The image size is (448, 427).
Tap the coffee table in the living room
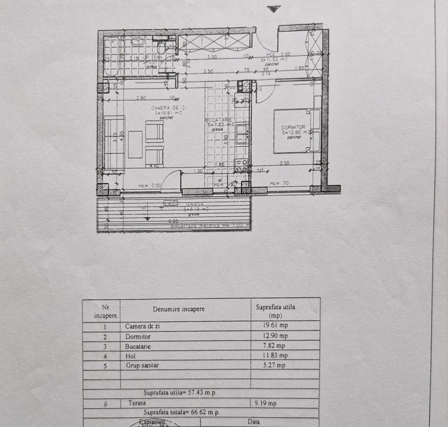pos(135,144)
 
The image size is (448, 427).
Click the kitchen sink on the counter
pos(242,133)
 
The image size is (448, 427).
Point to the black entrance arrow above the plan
pos(274,9)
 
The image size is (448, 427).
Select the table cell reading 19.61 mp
pos(271,326)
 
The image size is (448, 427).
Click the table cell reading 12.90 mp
pos(271,336)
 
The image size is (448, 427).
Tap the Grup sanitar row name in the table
pos(142,365)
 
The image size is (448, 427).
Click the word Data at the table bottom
pos(254,422)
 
